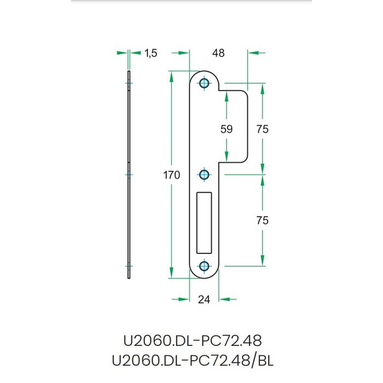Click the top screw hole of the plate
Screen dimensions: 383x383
tap(204, 83)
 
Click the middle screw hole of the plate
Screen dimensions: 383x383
tap(204, 175)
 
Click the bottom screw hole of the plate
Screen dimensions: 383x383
tap(204, 266)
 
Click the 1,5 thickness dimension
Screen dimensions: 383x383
tap(151, 53)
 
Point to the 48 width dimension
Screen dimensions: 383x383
tap(218, 53)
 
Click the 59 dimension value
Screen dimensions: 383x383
tap(226, 129)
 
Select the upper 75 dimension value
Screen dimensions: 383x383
tap(263, 129)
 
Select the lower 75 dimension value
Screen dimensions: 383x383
tap(263, 220)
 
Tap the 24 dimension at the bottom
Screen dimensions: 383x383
tap(204, 299)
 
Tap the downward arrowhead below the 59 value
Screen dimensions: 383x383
tap(226, 156)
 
